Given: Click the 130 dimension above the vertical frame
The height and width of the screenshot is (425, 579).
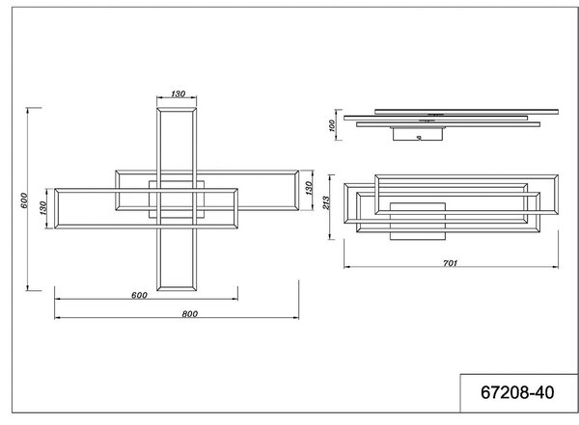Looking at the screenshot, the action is point(178,93).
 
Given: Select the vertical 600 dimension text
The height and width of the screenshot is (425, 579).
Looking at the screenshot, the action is point(24,199).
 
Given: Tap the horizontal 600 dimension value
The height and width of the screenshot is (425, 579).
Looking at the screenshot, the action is point(139,295).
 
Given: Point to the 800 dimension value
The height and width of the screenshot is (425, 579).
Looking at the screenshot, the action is point(190,314).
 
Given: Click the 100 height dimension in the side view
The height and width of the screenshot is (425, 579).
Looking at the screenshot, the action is point(332,125).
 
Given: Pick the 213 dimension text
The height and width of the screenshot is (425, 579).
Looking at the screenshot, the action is point(326,202).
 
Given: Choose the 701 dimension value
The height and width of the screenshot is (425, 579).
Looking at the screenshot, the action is point(450,263).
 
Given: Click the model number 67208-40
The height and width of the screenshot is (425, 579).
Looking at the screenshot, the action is point(517,392).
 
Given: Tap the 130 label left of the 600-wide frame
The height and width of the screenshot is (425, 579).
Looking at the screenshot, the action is point(43,208).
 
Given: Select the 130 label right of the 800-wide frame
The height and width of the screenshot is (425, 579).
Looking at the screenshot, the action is point(309,188).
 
